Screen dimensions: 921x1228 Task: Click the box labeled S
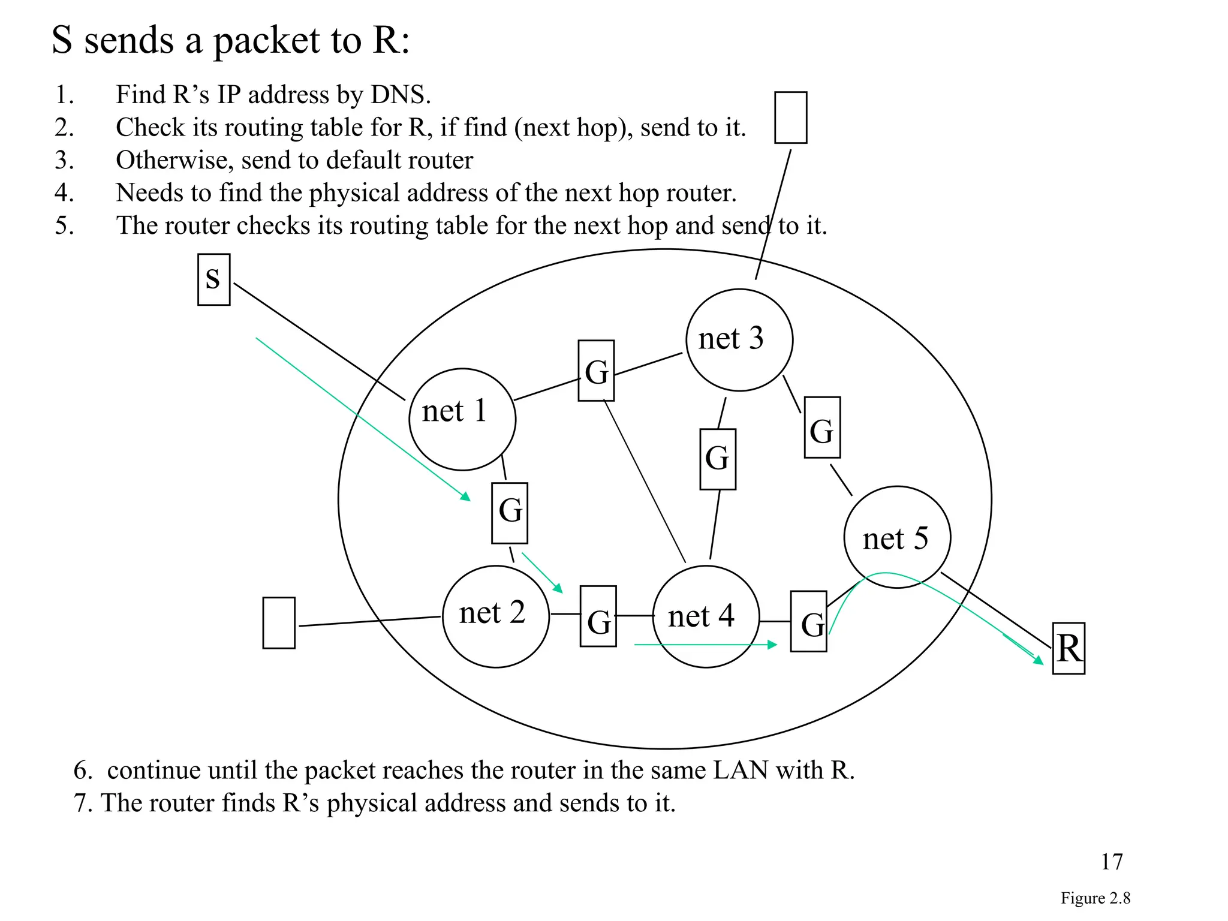click(x=213, y=279)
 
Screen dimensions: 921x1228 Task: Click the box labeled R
click(x=1069, y=648)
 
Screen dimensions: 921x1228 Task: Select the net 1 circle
click(x=462, y=419)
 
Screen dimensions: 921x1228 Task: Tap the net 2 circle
click(x=495, y=616)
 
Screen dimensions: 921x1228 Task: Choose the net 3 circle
click(x=739, y=340)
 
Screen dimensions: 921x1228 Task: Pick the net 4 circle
click(x=705, y=616)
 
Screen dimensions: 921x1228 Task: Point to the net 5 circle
click(x=896, y=537)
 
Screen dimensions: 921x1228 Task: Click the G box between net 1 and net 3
click(x=596, y=371)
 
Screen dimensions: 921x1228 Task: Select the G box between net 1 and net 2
click(x=509, y=513)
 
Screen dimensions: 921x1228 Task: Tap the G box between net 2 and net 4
click(x=598, y=616)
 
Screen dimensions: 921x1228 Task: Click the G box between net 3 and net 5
click(x=821, y=427)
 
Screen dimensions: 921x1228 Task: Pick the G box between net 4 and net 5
click(x=808, y=621)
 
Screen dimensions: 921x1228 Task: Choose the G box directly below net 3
click(x=717, y=459)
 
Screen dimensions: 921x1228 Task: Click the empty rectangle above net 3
click(x=790, y=118)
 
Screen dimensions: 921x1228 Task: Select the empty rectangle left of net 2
click(x=279, y=622)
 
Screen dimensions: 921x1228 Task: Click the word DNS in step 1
click(x=400, y=95)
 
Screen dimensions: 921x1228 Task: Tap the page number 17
click(x=1111, y=862)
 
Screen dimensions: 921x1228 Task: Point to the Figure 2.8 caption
click(x=1095, y=898)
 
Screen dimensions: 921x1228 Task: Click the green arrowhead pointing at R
click(x=1039, y=660)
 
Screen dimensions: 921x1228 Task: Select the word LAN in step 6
click(x=740, y=770)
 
